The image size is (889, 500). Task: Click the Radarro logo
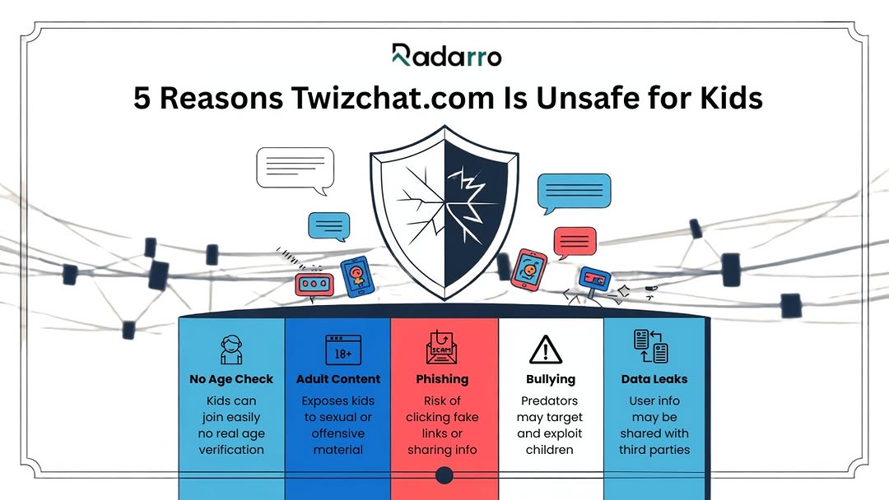tap(446, 55)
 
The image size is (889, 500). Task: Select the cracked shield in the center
tap(444, 212)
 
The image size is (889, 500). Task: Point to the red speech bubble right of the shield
tap(575, 243)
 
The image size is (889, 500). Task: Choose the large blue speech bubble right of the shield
tap(574, 193)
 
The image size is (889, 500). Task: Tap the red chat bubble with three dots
tap(314, 285)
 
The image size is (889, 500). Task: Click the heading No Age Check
tap(231, 379)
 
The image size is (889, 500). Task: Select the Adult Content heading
tap(338, 379)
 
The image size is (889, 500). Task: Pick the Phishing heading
tap(442, 379)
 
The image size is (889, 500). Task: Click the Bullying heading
tap(551, 379)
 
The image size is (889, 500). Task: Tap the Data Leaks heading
tap(654, 379)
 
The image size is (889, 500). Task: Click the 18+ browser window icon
tap(343, 350)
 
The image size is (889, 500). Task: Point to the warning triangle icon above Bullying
tap(546, 350)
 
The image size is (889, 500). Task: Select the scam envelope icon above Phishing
tap(442, 347)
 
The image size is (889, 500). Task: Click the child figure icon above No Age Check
tap(231, 350)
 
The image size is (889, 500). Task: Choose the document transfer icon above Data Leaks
tap(651, 346)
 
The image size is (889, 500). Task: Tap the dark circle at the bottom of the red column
tap(444, 475)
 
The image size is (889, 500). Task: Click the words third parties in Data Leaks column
tap(654, 450)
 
